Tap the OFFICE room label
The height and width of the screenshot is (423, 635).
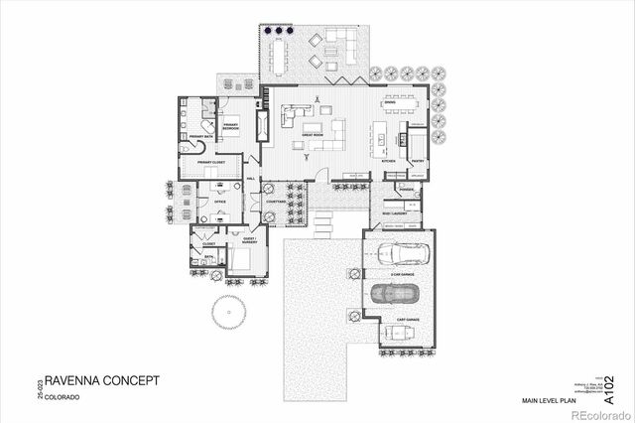220,202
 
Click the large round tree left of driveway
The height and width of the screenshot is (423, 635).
227,314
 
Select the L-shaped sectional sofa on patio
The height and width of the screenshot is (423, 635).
340,44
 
